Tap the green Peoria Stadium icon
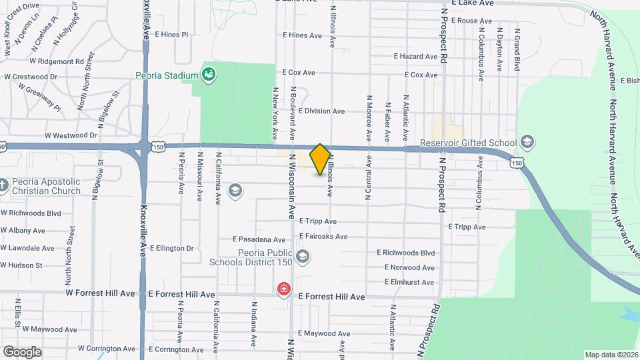(x=209, y=74)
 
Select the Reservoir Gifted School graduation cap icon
(x=527, y=142)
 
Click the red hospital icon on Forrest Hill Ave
(x=284, y=289)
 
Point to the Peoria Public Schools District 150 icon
(x=302, y=257)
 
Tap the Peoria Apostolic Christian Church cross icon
(x=4, y=185)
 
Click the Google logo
(x=23, y=351)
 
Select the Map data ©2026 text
(x=611, y=355)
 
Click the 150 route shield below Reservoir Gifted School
(x=517, y=162)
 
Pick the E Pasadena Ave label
(x=259, y=239)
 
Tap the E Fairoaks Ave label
(x=323, y=236)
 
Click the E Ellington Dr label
(x=171, y=249)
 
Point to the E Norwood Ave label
(x=409, y=268)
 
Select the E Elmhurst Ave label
(x=409, y=283)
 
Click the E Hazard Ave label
(x=415, y=57)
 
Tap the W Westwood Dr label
(x=71, y=135)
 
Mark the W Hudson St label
(x=21, y=265)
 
